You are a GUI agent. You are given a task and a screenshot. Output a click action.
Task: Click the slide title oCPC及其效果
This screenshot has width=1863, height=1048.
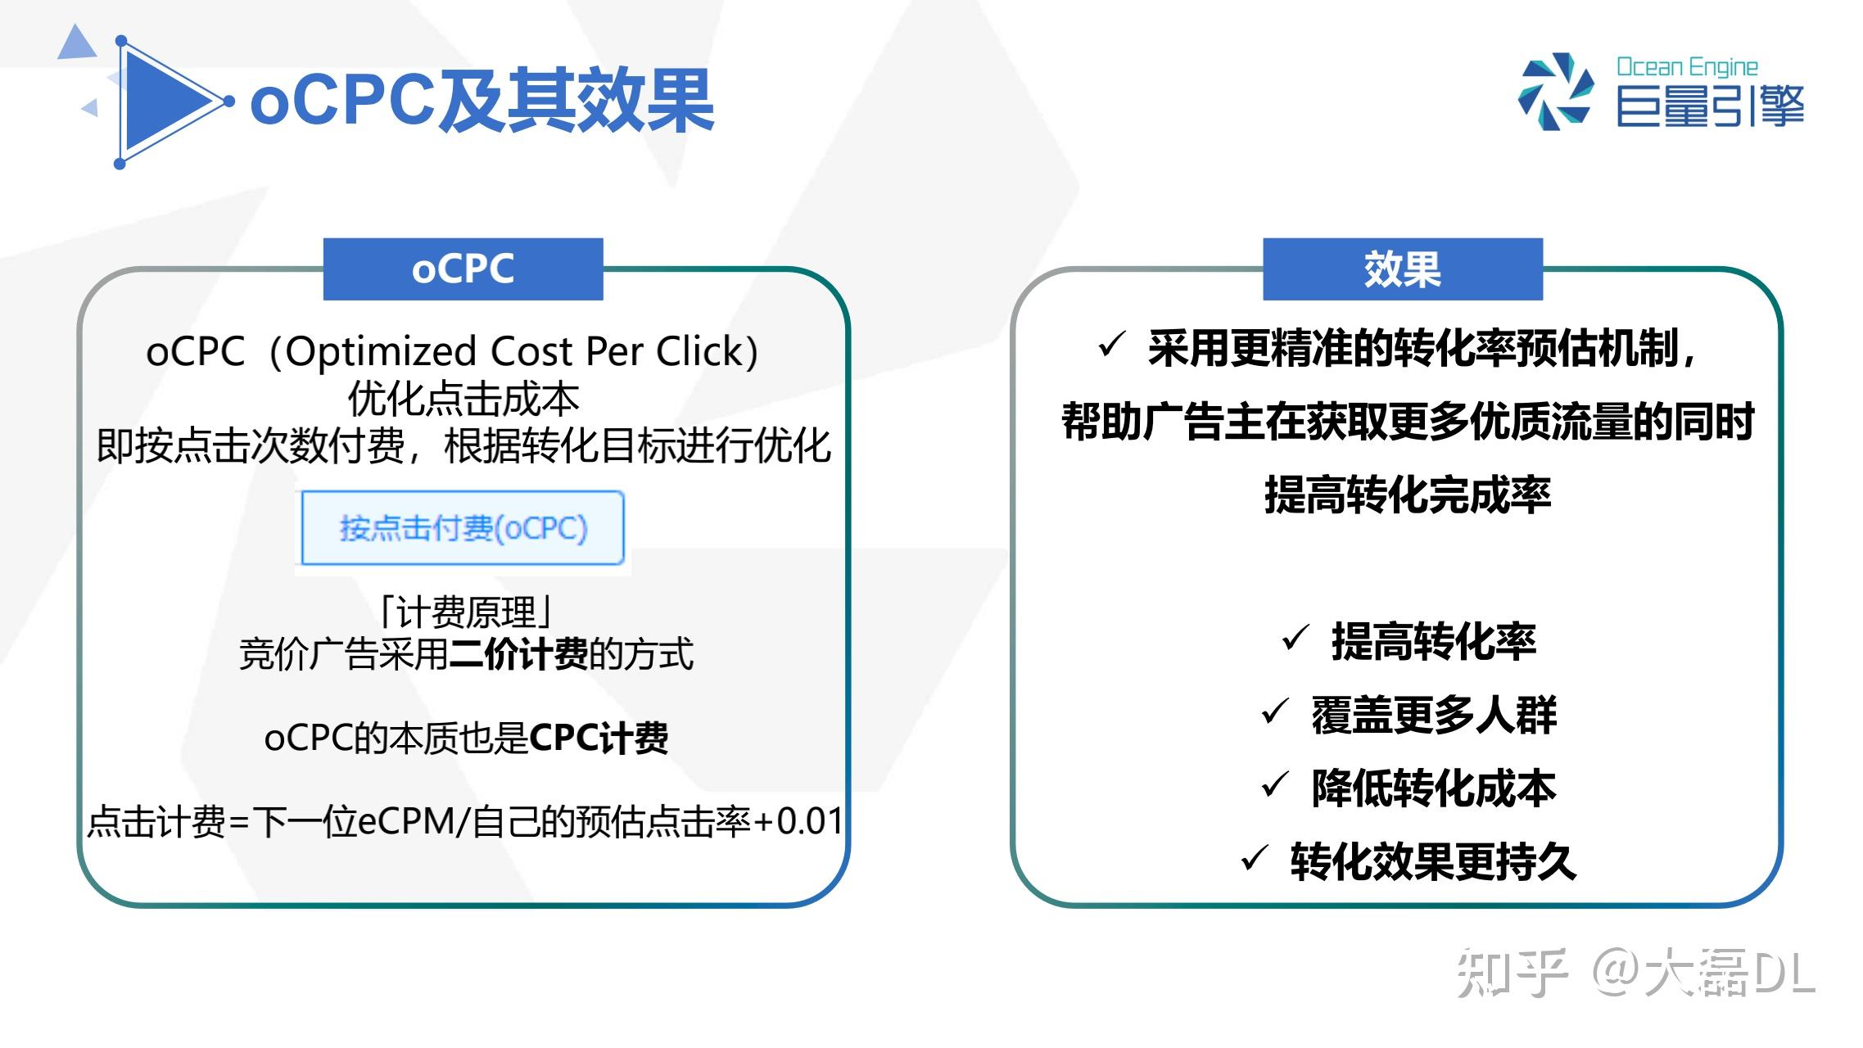pos(482,101)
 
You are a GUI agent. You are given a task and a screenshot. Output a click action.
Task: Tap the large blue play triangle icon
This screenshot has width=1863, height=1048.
pos(164,102)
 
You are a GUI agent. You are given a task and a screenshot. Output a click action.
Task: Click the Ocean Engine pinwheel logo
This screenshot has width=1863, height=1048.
pos(1556,92)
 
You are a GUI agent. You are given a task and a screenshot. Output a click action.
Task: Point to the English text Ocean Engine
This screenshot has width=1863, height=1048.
pos(1687,67)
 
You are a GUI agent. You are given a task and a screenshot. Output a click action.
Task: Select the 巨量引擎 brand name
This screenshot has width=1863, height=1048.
pos(1710,106)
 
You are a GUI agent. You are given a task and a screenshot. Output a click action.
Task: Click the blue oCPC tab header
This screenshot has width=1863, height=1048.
pos(463,269)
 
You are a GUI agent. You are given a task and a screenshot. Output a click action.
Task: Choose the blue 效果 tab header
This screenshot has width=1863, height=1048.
pos(1402,269)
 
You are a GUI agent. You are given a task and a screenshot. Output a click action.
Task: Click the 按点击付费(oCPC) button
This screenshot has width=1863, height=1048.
pos(463,528)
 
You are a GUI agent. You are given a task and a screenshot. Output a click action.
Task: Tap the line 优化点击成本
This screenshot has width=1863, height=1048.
pos(463,400)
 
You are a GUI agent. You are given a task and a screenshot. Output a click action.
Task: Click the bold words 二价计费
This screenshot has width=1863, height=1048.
pos(518,653)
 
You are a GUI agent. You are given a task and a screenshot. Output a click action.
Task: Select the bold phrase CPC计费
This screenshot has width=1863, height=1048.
pos(599,738)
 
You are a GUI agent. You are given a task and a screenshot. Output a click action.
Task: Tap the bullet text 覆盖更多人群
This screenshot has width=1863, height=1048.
pos(1433,714)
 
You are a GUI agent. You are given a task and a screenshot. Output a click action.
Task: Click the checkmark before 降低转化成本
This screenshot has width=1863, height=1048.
pos(1275,785)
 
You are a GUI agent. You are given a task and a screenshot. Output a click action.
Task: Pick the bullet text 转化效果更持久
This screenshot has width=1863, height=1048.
pos(1433,861)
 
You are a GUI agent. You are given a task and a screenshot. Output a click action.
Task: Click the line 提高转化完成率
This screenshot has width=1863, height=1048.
pos(1407,495)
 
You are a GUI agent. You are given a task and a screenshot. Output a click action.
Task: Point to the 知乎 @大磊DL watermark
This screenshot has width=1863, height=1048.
pos(1635,973)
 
